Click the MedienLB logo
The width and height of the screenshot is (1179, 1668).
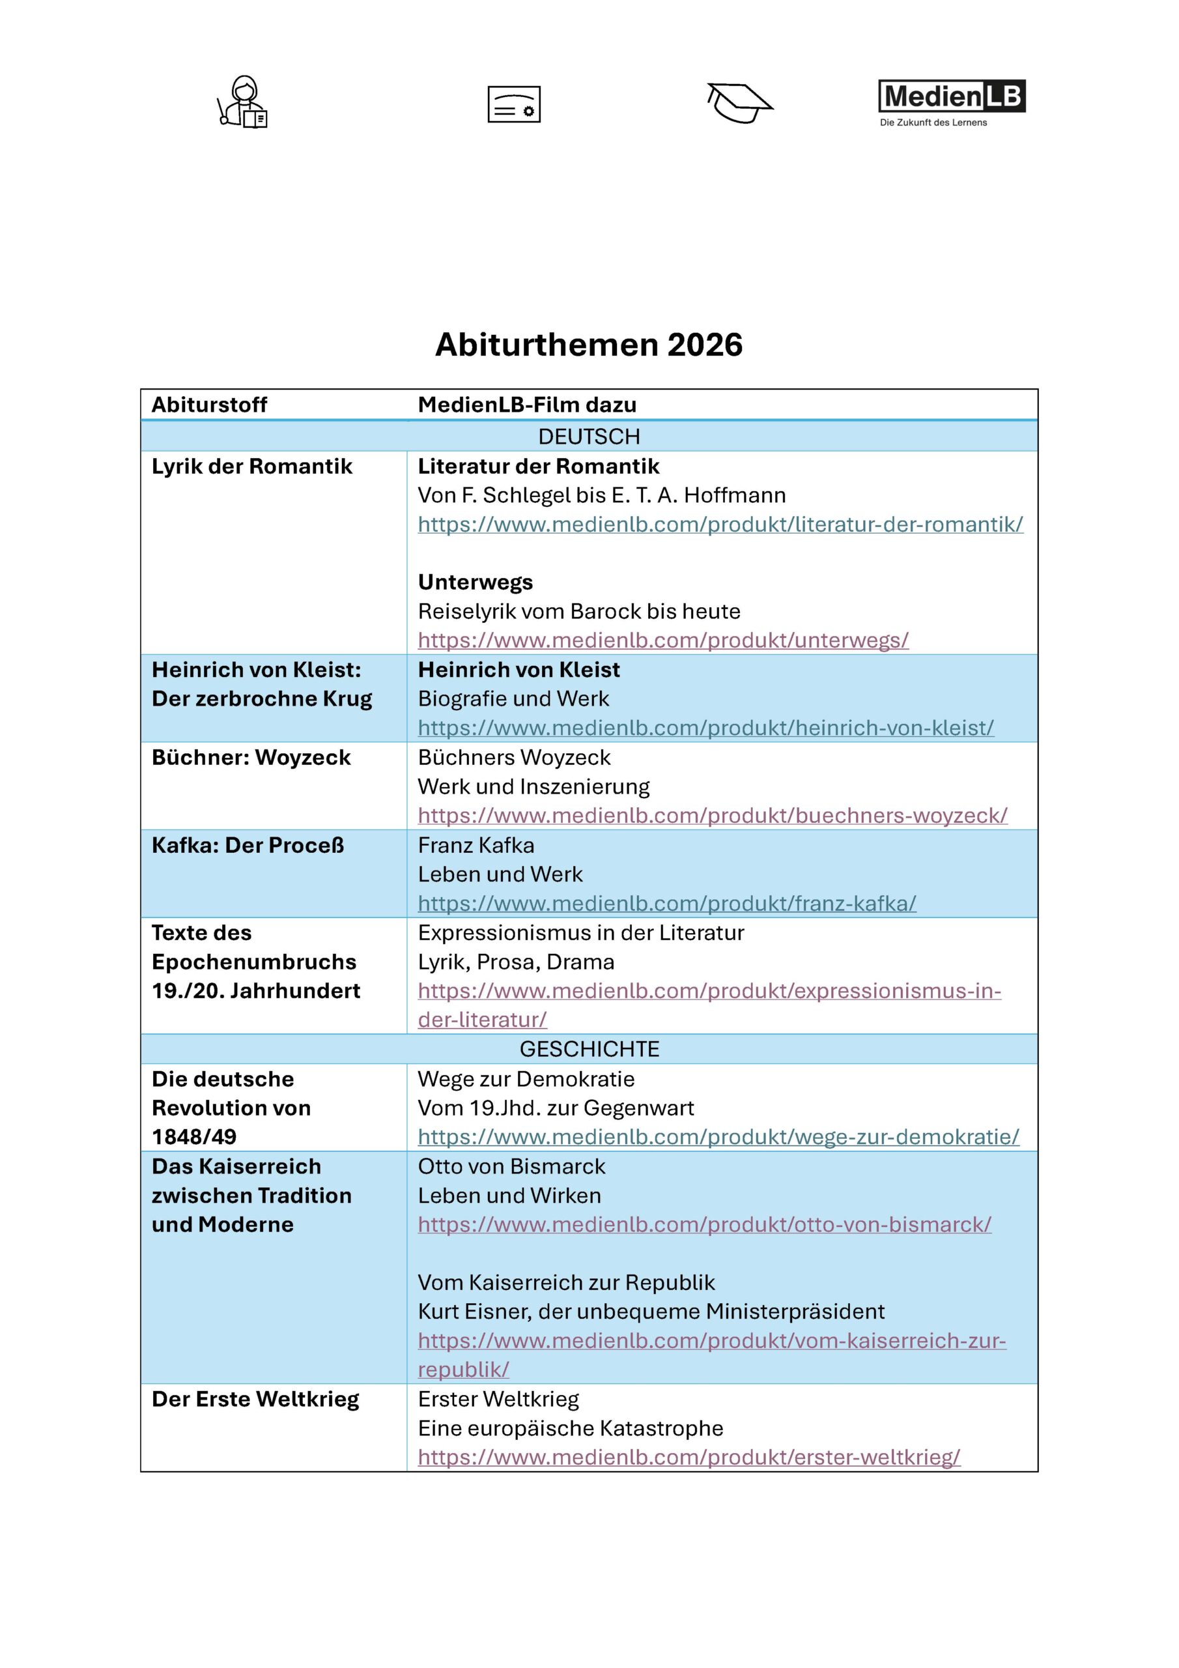pos(951,102)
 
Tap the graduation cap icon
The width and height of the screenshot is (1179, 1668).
pos(739,102)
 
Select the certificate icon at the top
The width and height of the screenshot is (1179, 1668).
pos(513,104)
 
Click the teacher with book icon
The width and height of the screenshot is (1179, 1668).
pos(244,102)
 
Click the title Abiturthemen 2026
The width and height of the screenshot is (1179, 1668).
pos(588,345)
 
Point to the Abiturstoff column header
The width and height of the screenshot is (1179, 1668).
pos(209,405)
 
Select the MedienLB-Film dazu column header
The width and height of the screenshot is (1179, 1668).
pos(527,405)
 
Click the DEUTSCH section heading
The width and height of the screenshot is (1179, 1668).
pos(588,437)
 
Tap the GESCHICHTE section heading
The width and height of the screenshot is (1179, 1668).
pos(588,1049)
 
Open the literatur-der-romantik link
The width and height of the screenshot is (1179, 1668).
pos(720,525)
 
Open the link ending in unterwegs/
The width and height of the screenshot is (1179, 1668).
pos(662,640)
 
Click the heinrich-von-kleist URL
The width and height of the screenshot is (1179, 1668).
pos(705,728)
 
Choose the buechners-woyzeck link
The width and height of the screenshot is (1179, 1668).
pos(712,816)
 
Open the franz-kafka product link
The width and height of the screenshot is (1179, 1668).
pos(666,904)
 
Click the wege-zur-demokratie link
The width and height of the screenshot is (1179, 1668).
pos(718,1137)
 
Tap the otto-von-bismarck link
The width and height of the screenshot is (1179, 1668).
pos(704,1225)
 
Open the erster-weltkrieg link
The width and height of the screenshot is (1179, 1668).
pos(689,1458)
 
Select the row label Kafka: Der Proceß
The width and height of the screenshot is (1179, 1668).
pos(248,846)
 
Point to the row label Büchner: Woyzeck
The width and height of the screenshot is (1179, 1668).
pos(251,758)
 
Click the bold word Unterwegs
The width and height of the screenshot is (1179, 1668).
pos(475,582)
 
